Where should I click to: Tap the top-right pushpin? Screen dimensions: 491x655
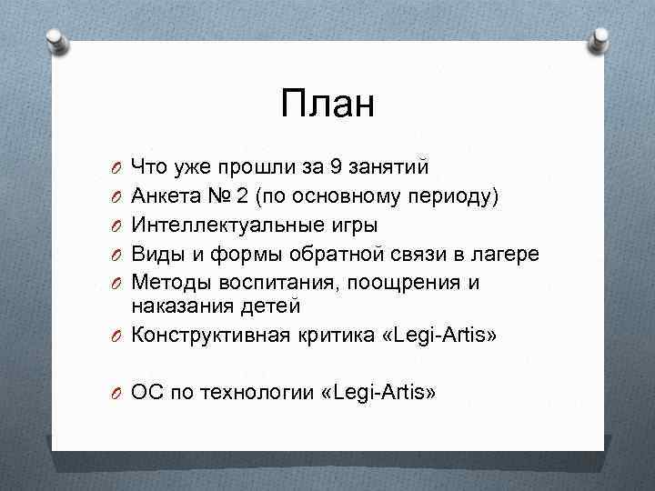(x=600, y=38)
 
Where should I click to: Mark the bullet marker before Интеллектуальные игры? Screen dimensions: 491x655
(x=116, y=225)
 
